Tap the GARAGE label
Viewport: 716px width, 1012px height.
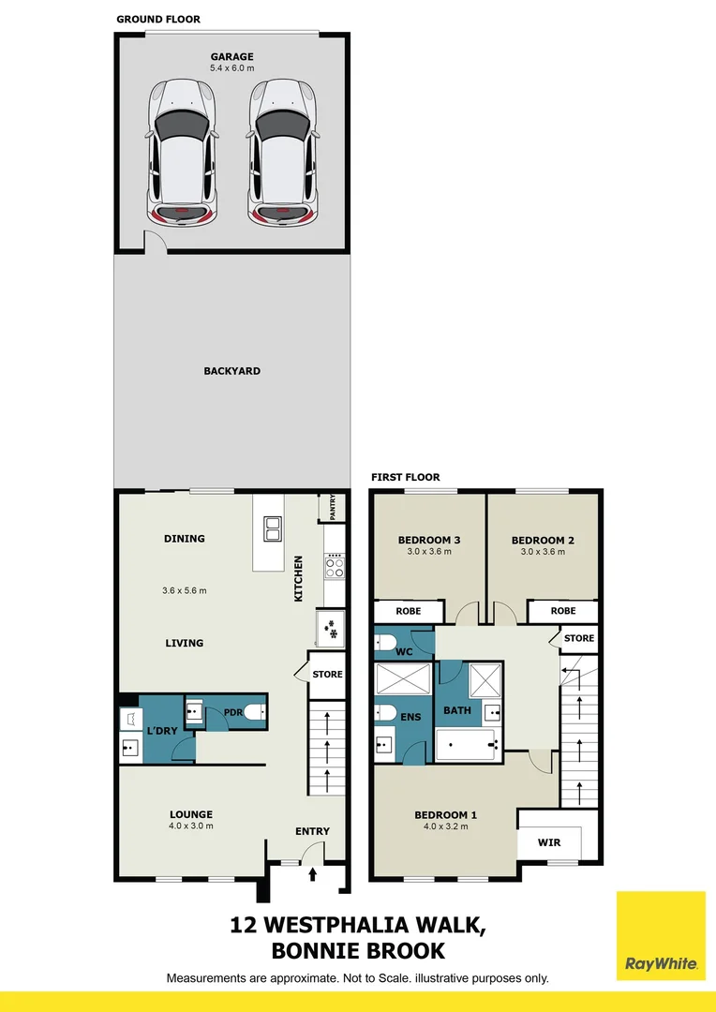coord(231,57)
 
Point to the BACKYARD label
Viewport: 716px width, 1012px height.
coord(231,371)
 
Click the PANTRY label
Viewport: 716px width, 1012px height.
coord(333,507)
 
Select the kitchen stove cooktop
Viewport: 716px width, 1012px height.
coord(335,565)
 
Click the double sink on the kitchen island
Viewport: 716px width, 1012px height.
coord(273,528)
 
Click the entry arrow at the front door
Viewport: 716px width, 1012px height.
coord(313,874)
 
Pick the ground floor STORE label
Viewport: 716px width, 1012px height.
coord(327,674)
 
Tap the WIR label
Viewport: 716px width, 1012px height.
coord(549,842)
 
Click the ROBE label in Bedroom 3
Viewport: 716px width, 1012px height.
coord(408,611)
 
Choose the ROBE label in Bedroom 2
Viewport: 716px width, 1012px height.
coord(562,611)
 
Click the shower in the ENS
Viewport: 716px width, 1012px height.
coord(403,677)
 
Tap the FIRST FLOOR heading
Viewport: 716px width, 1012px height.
coord(405,477)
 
